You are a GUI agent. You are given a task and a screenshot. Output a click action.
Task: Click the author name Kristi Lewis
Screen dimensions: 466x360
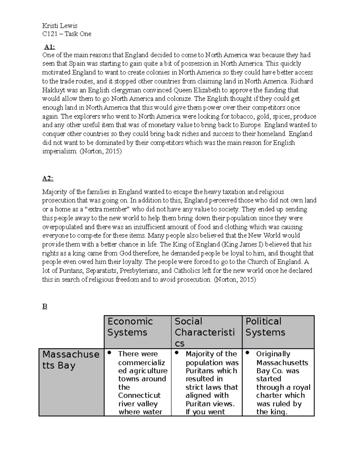60,26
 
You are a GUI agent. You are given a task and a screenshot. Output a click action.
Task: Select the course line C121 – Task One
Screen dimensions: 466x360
67,34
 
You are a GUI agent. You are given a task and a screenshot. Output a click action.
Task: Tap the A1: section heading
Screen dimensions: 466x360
49,47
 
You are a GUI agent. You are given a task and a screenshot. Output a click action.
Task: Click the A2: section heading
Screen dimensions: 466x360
48,179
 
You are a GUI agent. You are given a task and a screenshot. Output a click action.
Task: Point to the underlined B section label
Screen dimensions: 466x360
45,307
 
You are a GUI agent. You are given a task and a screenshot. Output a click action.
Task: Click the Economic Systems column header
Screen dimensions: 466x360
130,327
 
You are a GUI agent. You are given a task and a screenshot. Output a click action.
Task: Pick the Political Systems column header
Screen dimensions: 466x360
265,327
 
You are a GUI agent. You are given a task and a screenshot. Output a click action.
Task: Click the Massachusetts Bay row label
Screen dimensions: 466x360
71,360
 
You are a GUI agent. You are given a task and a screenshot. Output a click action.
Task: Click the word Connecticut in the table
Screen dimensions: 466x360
139,395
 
